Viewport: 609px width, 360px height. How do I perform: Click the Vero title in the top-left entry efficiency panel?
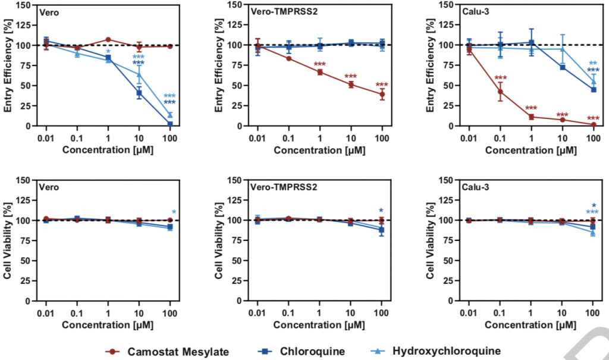(x=48, y=11)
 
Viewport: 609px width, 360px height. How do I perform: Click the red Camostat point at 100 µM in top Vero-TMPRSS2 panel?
(x=382, y=94)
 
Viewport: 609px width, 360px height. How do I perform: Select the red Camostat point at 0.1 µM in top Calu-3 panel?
(x=500, y=92)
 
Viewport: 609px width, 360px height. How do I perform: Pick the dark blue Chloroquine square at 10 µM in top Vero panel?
(x=139, y=93)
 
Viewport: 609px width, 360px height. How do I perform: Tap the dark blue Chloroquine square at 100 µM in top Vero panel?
(x=170, y=124)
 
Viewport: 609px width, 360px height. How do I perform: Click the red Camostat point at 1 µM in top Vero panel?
(x=108, y=40)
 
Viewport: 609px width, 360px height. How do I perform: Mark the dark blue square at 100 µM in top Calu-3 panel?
(x=592, y=90)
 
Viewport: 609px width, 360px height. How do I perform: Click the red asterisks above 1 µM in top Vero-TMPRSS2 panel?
(x=320, y=65)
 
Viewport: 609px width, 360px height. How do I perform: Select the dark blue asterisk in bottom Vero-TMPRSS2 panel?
(x=381, y=211)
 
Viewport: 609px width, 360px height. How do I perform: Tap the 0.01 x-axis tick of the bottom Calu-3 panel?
(x=469, y=314)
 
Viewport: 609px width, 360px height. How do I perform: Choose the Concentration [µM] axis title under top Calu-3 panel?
(x=530, y=151)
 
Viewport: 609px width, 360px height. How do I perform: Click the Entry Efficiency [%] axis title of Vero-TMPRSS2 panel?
(x=219, y=65)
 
